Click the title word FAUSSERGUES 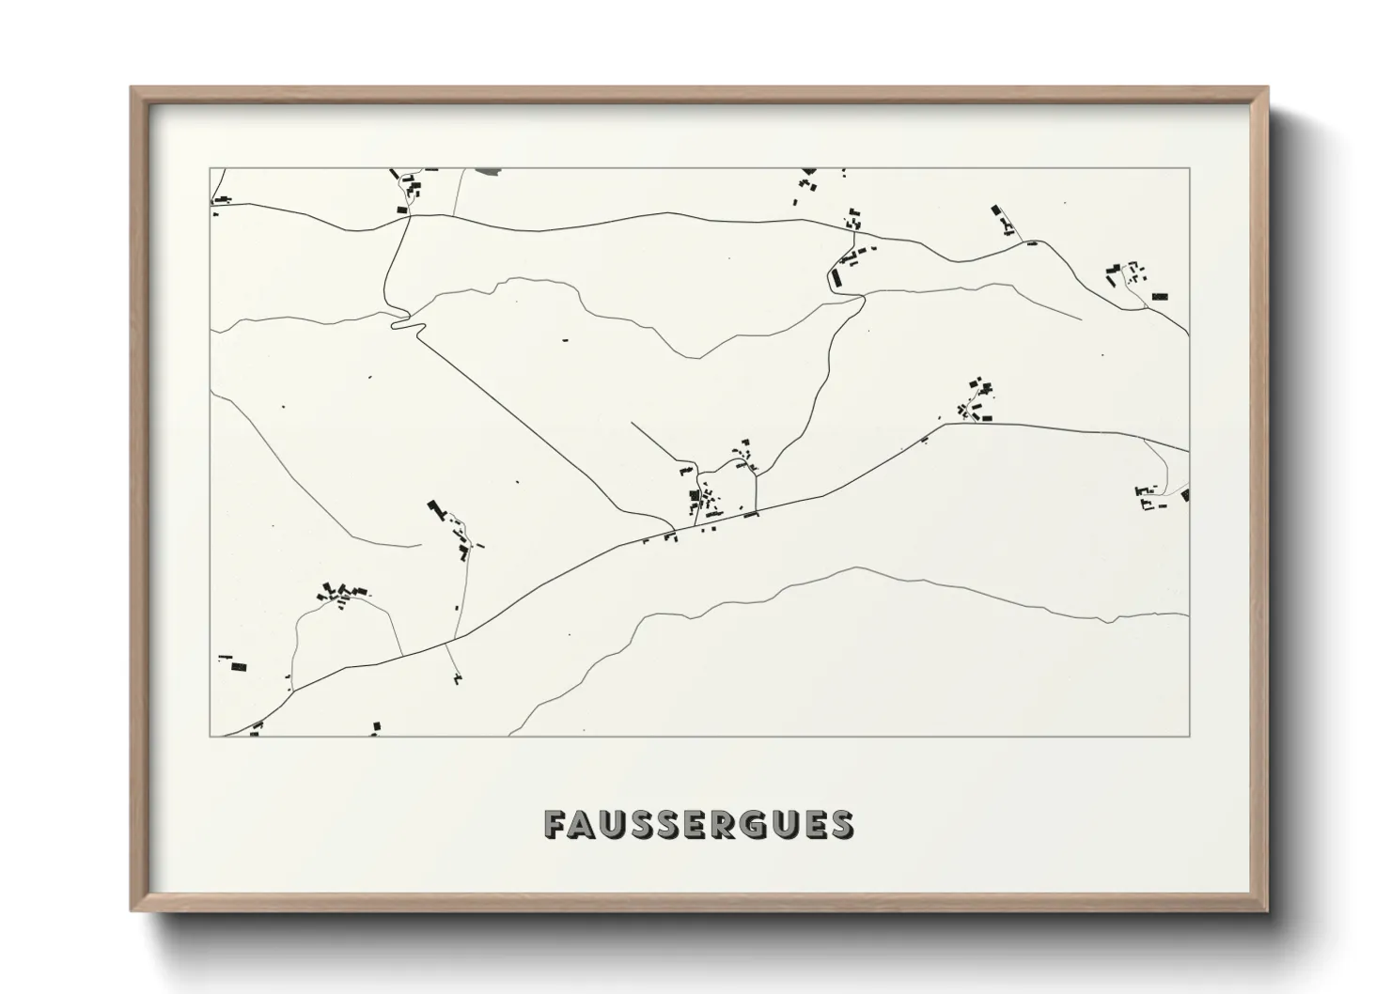tap(698, 823)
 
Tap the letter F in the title tap(554, 824)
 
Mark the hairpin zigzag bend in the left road tap(404, 322)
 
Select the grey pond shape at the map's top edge tap(489, 171)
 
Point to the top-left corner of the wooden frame tap(133, 88)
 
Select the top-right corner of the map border tap(1189, 168)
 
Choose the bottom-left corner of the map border tap(211, 736)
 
